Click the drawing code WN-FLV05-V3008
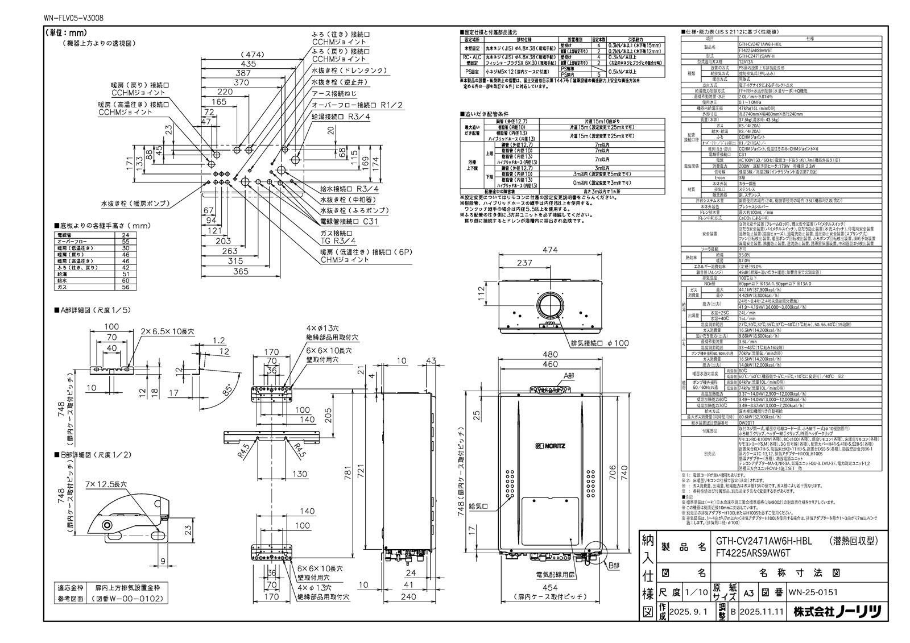73,19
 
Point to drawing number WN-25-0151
813,592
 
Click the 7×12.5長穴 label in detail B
106,483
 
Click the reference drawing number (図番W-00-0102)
127,599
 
